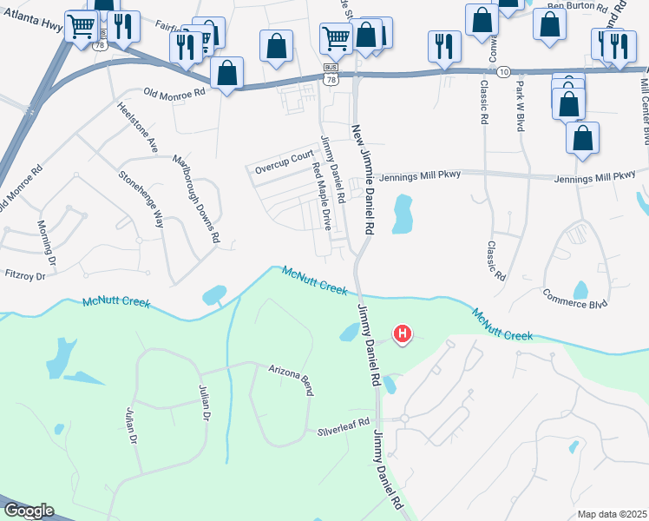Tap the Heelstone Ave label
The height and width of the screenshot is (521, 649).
click(137, 128)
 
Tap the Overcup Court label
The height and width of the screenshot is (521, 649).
click(284, 157)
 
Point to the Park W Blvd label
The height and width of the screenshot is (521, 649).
click(521, 105)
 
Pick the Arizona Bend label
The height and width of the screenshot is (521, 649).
click(290, 378)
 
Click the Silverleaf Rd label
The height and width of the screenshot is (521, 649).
click(344, 430)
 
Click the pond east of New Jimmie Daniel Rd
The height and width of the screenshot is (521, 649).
click(402, 214)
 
